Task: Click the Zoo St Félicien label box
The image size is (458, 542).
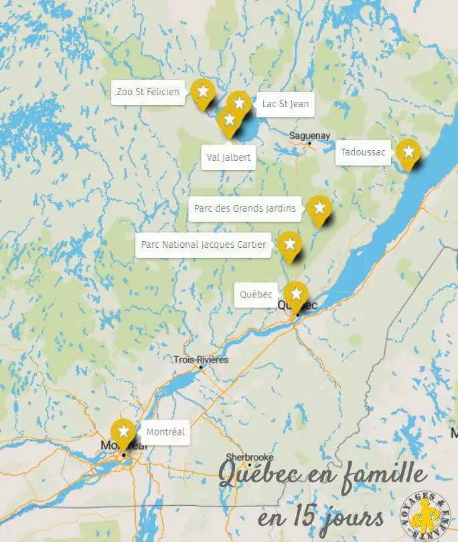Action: click(148, 92)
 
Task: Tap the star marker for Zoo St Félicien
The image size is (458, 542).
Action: click(202, 92)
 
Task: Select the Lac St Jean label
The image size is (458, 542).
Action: click(283, 104)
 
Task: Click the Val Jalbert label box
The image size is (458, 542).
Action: click(228, 157)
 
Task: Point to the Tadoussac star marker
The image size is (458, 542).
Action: click(408, 153)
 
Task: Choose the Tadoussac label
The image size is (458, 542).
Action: click(363, 152)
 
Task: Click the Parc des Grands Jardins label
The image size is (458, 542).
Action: click(244, 208)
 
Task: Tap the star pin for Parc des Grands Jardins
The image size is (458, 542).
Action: click(319, 208)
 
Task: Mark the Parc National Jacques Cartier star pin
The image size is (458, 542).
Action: click(289, 245)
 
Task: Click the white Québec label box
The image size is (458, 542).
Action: click(256, 294)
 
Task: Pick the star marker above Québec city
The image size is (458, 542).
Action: click(295, 294)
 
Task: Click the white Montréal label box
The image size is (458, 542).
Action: click(165, 432)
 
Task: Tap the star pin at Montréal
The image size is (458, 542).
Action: click(123, 431)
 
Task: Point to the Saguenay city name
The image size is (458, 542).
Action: click(309, 135)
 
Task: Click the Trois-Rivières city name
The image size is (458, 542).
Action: click(200, 360)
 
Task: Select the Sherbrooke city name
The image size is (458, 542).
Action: click(248, 456)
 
